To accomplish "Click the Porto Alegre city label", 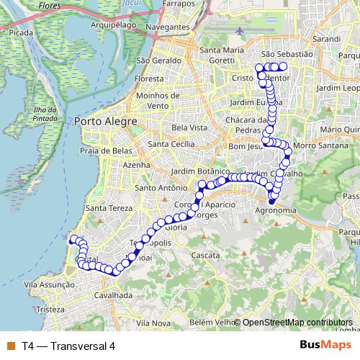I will pos(105,122).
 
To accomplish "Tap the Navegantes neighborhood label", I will pos(167,27).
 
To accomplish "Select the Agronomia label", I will pos(276,211).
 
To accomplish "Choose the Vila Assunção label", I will pos(50,285).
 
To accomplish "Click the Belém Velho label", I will pos(214,322).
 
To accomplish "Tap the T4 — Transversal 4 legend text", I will pos(68,346).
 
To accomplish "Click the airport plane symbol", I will pos(239,31).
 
